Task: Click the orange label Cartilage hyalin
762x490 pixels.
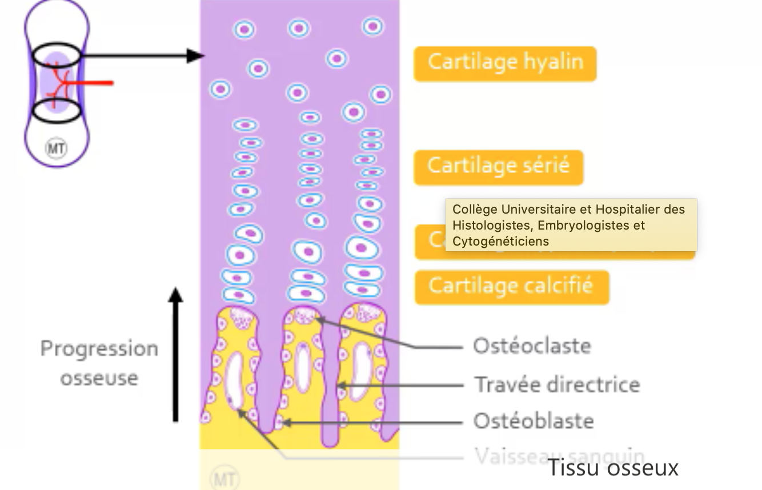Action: pyautogui.click(x=505, y=63)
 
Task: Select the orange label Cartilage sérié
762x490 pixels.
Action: pyautogui.click(x=498, y=167)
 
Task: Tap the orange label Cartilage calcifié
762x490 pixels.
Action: pyautogui.click(x=511, y=286)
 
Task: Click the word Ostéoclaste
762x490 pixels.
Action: pyautogui.click(x=531, y=346)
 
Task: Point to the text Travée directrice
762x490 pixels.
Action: pyautogui.click(x=557, y=384)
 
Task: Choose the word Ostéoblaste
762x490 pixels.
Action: pyautogui.click(x=534, y=421)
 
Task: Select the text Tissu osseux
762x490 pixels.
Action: pyautogui.click(x=613, y=468)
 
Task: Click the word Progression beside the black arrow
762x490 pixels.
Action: pyautogui.click(x=99, y=349)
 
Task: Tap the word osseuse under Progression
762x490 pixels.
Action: pyautogui.click(x=99, y=378)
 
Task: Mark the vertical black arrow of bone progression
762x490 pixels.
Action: pyautogui.click(x=176, y=354)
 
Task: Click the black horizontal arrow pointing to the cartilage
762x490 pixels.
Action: pyautogui.click(x=143, y=56)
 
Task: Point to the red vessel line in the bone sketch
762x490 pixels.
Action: pyautogui.click(x=91, y=83)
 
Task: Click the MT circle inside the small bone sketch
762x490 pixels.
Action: pyautogui.click(x=55, y=149)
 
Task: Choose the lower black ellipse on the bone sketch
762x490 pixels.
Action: pyautogui.click(x=55, y=111)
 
